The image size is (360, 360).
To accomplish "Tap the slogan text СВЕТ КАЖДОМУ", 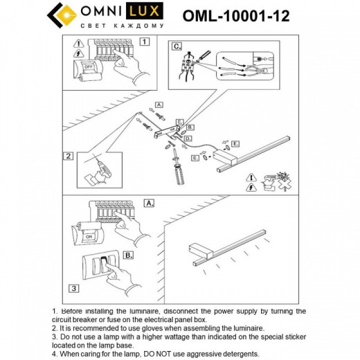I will coord(123,26).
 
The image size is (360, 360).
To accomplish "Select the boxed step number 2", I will coord(68,156).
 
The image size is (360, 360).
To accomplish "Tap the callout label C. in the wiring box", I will coord(177,46).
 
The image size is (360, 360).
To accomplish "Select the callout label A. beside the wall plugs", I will coord(159,105).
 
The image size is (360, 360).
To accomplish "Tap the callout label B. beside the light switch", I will coord(128,254).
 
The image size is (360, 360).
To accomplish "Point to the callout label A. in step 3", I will coord(148,204).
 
